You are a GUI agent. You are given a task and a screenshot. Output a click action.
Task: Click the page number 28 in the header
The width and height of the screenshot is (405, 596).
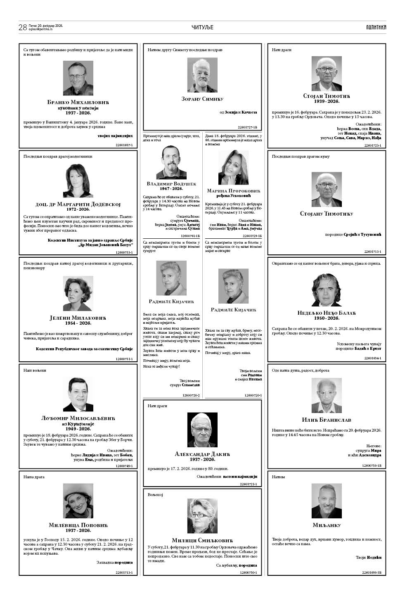22,28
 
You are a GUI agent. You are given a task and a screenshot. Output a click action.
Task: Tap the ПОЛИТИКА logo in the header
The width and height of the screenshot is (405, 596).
376,27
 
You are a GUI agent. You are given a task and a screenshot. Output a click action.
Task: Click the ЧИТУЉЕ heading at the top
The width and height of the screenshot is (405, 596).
202,27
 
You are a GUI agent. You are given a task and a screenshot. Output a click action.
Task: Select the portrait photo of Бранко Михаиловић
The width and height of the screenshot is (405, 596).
78,78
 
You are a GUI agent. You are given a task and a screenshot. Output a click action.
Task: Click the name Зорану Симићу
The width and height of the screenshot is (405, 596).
202,99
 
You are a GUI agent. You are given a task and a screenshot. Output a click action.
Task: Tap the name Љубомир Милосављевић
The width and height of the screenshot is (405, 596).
78,418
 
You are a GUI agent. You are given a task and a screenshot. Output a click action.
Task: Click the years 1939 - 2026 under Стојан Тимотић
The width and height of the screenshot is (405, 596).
327,102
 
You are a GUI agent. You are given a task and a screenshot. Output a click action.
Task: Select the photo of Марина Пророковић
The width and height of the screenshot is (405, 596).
233,167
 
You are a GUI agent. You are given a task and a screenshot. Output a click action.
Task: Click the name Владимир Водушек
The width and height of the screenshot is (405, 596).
171,183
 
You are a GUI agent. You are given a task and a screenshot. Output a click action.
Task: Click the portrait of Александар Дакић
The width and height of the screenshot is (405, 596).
202,430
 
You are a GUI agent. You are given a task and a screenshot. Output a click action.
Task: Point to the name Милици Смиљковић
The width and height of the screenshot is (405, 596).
202,540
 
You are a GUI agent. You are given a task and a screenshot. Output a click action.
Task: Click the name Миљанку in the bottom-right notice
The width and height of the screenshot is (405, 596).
327,525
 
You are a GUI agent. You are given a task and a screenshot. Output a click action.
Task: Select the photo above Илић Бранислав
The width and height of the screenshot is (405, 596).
327,394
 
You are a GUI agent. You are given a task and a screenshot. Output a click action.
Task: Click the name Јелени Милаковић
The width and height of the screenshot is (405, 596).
78,318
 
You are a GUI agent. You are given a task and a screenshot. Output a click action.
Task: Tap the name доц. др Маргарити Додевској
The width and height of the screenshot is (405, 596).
78,204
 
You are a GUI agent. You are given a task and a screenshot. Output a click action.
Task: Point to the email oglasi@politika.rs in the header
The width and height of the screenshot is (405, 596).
40,30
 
